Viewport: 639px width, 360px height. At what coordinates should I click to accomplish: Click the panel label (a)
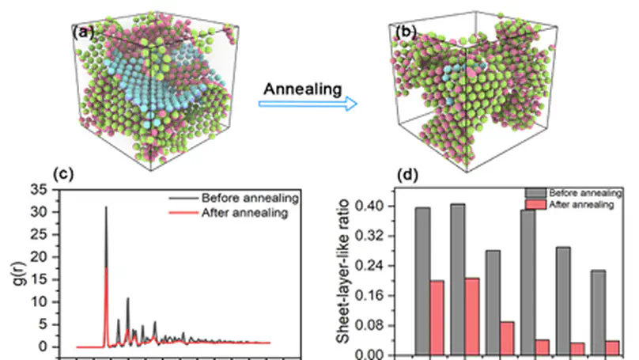click(x=85, y=32)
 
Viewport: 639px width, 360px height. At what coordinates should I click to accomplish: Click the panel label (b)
click(x=407, y=32)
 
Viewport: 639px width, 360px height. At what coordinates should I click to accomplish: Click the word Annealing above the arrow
click(x=303, y=88)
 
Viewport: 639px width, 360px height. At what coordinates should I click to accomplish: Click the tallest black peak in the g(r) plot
click(x=106, y=208)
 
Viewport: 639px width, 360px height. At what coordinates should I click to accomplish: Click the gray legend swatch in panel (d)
click(x=536, y=192)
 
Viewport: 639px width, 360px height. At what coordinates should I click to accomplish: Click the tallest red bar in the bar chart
click(x=473, y=315)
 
